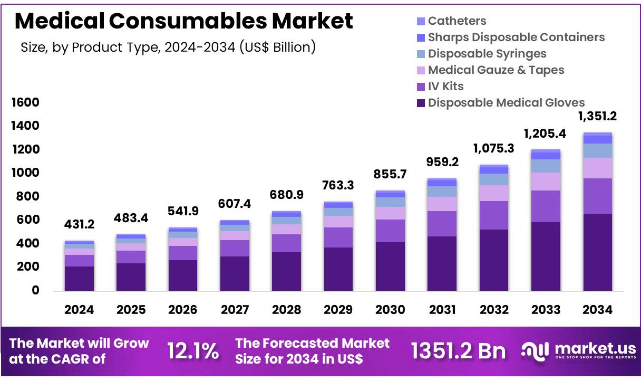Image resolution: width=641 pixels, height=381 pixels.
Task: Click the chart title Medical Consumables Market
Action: [183, 21]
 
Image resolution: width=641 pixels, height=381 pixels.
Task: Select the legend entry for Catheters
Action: [457, 21]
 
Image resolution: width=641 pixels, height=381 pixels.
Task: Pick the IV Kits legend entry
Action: [445, 86]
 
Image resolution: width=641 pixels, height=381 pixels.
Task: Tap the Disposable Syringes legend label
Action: [487, 54]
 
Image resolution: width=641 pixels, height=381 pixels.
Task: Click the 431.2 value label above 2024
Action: [80, 225]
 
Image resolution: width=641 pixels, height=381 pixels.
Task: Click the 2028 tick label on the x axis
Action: [287, 310]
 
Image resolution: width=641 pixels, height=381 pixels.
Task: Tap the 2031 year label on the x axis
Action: [442, 310]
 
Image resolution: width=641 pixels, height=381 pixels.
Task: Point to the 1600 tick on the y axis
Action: [25, 103]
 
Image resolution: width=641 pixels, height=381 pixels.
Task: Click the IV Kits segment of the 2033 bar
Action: [546, 206]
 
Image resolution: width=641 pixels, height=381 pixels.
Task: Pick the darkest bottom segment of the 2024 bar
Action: [80, 278]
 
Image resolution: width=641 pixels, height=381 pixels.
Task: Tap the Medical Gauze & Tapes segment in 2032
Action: [494, 193]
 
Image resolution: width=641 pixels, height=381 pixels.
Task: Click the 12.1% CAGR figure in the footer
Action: [192, 351]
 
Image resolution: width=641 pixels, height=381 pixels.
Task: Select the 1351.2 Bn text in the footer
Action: [458, 351]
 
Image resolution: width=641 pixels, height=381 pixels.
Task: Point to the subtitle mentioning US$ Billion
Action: [168, 47]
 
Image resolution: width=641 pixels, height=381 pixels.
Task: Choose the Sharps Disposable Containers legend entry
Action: [516, 37]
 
